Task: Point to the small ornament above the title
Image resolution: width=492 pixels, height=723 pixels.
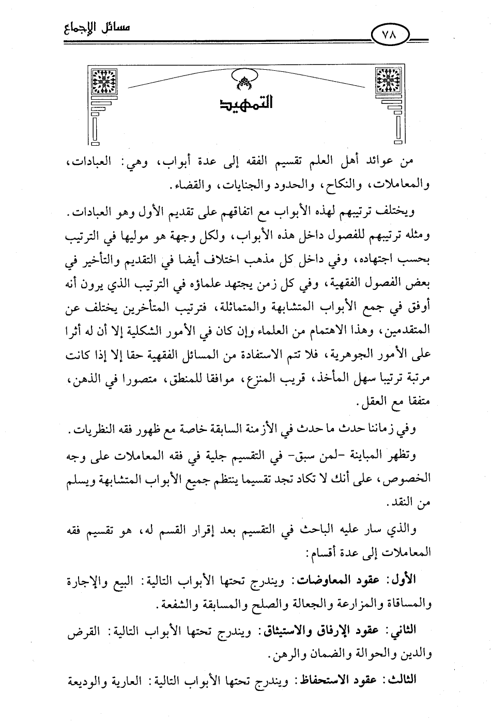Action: [x=245, y=78]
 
